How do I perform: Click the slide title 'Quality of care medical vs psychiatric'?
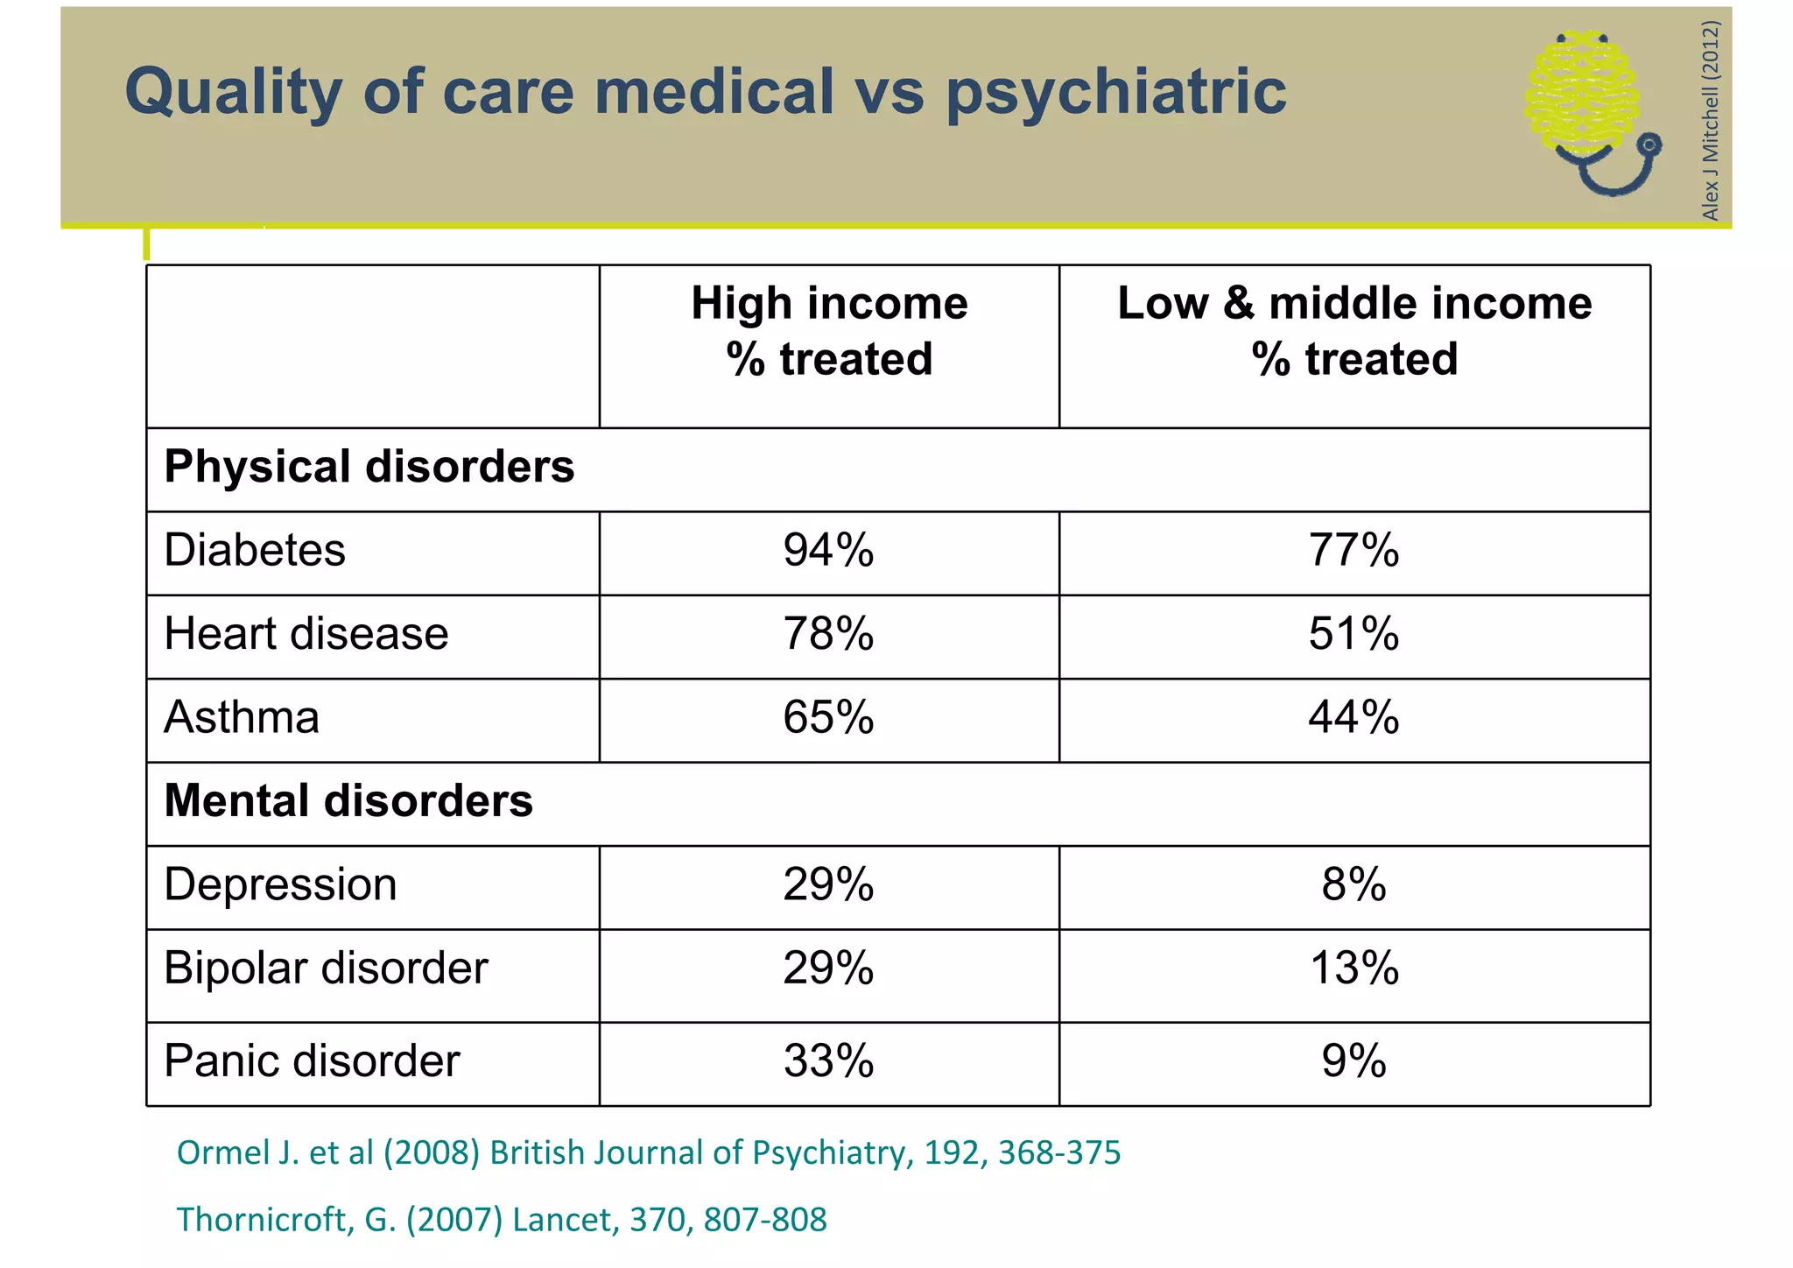coord(706,91)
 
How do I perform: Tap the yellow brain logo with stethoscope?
coord(1589,109)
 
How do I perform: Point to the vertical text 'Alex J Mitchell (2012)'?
coord(1711,120)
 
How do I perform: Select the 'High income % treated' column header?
coord(829,331)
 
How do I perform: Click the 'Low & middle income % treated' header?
coord(1354,331)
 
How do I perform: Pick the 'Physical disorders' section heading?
coord(369,467)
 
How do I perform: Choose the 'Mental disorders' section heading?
coord(348,801)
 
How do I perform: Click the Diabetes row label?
coord(255,551)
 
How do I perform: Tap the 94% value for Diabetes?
coord(828,551)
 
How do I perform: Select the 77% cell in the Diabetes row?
coord(1354,551)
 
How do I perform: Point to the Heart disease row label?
coord(306,634)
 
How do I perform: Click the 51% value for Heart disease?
coord(1354,634)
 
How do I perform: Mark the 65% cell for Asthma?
coord(828,717)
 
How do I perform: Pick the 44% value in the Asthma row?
coord(1354,717)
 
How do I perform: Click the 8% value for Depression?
coord(1354,884)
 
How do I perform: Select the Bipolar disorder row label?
coord(326,969)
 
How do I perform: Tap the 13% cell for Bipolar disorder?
coord(1354,969)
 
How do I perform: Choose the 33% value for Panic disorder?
coord(828,1061)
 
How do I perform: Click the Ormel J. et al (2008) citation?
coord(649,1153)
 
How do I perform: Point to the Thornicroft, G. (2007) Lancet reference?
coord(502,1220)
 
